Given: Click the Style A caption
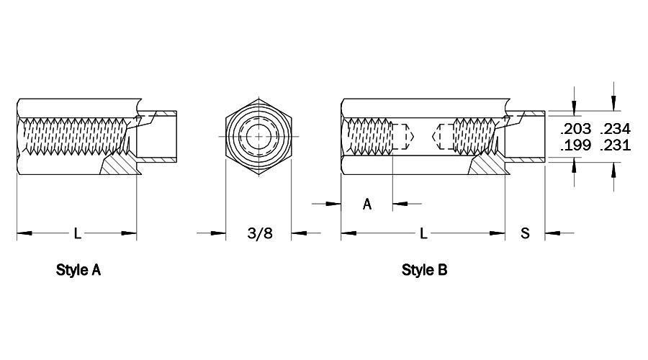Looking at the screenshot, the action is tap(78, 270).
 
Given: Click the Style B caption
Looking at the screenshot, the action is tap(424, 270).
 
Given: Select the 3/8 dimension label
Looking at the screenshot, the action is tap(260, 233).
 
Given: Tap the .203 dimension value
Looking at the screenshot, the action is tap(576, 129).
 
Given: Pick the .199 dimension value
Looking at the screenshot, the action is tap(576, 145).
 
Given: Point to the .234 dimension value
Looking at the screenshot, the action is tap(616, 129).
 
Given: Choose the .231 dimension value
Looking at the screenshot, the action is tap(616, 145).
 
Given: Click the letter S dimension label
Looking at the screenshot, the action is tap(525, 233).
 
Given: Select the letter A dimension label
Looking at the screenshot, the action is tap(367, 204).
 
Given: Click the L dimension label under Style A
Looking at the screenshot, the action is tap(77, 233).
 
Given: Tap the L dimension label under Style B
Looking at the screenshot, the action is tap(423, 233).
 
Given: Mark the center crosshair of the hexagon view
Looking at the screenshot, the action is tap(258, 136).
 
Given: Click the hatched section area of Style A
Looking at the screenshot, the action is tap(119, 165).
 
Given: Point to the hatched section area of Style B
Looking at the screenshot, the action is tap(487, 165).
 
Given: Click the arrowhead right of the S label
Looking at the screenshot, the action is tap(552, 233).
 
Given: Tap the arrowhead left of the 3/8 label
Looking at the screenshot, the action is tap(218, 233).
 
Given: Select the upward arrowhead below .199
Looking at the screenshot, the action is tap(574, 168).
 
